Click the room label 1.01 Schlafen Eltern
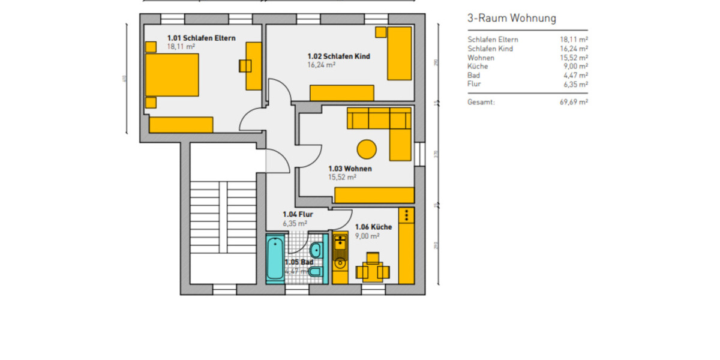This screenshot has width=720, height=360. (x=201, y=38)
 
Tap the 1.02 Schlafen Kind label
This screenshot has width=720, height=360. (x=338, y=56)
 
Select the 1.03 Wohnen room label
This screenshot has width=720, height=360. (x=350, y=169)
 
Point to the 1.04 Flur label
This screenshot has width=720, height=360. (x=298, y=214)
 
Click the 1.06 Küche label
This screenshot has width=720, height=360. (x=373, y=227)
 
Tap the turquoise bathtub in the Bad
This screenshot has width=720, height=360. (x=274, y=259)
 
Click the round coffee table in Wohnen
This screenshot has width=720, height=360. (x=367, y=148)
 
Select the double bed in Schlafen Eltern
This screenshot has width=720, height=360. (x=172, y=75)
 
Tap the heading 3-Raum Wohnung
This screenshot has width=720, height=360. (x=511, y=19)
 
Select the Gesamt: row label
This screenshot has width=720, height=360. (x=481, y=103)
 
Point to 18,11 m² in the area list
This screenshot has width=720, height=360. (x=573, y=40)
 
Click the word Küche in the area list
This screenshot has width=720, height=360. (x=478, y=67)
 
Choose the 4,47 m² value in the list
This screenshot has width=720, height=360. (x=575, y=76)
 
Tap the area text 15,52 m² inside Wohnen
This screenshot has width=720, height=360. (x=342, y=178)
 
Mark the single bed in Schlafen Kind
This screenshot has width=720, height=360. (x=399, y=53)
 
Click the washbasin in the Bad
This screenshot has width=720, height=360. (x=316, y=249)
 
